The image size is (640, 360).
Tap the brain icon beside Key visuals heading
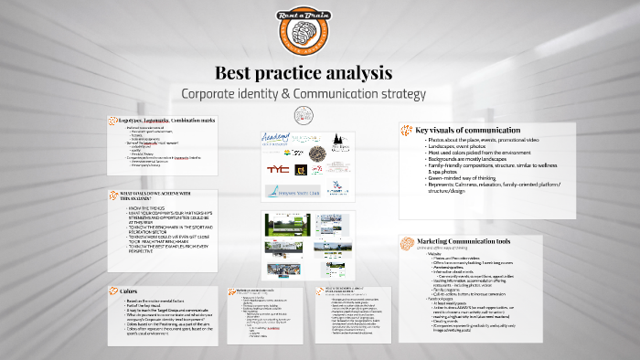pyautogui.click(x=407, y=130)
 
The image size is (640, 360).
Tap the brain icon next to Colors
pyautogui.click(x=112, y=291)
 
